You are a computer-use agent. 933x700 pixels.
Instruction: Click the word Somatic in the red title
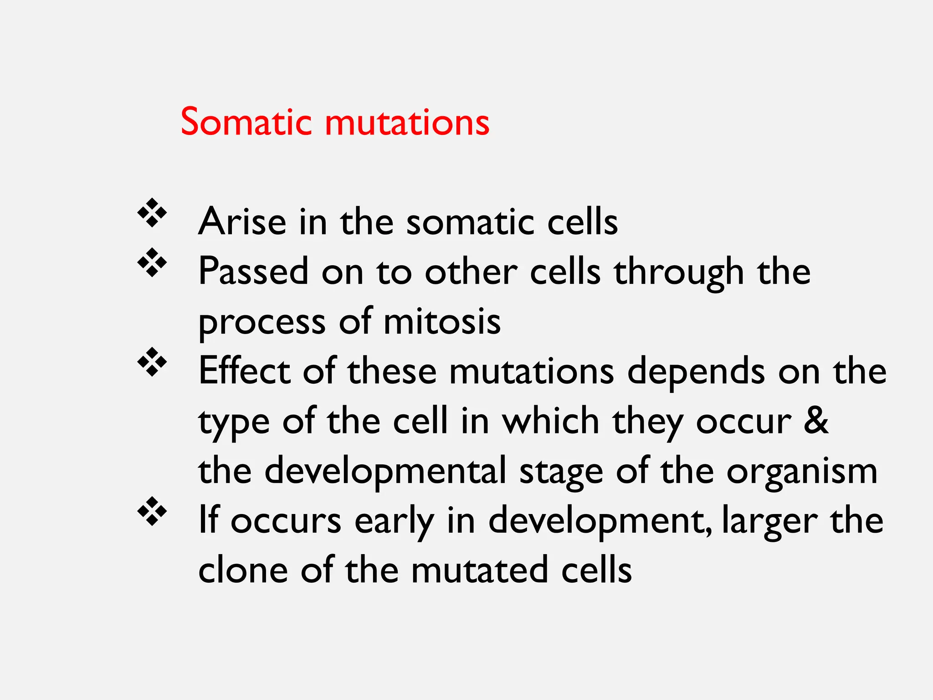tap(246, 122)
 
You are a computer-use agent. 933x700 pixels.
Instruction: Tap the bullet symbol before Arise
tap(152, 213)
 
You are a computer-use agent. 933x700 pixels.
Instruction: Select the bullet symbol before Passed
tap(152, 263)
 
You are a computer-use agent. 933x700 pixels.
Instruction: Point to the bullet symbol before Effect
tap(152, 362)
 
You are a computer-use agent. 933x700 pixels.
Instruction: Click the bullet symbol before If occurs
tap(152, 511)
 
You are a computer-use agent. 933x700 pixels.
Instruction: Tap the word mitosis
tap(442, 321)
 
